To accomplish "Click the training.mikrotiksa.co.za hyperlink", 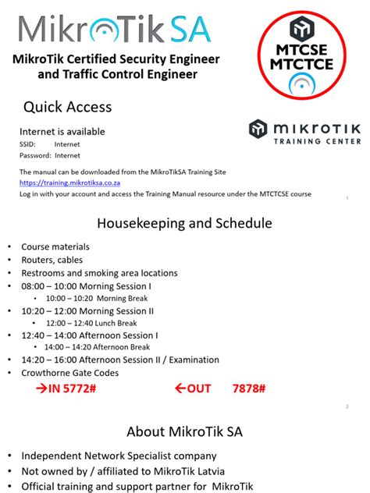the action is [x=59, y=183].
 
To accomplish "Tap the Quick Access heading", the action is [x=67, y=107].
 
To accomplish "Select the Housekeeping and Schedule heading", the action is [x=184, y=224].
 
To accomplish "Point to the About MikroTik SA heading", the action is [x=184, y=431].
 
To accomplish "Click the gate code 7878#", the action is [x=249, y=388].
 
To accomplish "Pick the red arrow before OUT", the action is [x=180, y=388].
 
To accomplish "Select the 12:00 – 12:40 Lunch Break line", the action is [x=91, y=323].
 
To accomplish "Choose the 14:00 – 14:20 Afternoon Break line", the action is [x=96, y=348].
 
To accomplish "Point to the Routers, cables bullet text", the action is [x=52, y=260].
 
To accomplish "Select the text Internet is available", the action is [x=62, y=132].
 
